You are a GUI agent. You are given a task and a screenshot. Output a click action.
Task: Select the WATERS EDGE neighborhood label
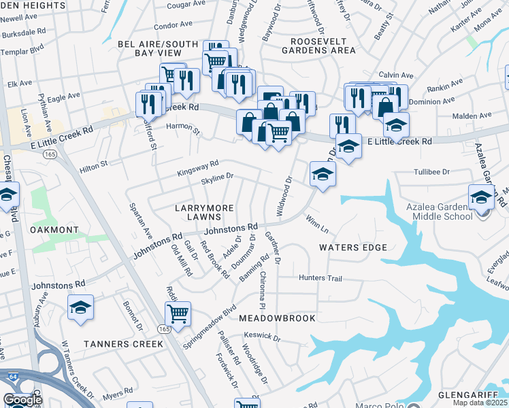pos(353,248)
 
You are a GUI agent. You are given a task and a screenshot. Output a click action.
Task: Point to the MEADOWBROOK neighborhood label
pos(277,318)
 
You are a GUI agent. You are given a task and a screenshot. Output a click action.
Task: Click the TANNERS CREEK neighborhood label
pos(123,343)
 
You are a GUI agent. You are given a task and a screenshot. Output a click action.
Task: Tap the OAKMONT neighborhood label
pos(54,230)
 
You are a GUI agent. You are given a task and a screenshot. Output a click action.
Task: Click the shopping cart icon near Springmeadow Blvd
pos(178,313)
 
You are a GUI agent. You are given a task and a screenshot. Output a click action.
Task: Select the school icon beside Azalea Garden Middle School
pos(481,197)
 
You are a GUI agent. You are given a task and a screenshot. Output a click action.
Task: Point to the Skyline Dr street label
pos(217,177)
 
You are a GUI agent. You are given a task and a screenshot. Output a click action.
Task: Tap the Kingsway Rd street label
pos(198,165)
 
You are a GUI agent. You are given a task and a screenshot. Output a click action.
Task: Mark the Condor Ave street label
pos(174,25)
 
